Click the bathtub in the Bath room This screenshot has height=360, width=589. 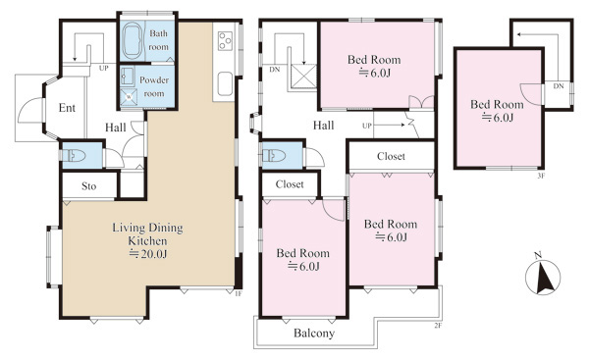133,41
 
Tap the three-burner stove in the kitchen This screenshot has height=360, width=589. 225,41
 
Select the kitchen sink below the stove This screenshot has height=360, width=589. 225,83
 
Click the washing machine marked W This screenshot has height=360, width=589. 129,96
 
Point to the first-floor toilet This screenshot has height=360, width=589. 75,155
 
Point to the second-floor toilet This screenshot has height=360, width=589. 275,155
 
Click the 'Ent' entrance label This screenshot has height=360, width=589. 67,108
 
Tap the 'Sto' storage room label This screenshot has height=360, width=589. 89,186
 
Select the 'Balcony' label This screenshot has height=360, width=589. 314,333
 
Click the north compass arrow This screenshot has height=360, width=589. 544,279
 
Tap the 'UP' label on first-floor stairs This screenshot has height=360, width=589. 104,69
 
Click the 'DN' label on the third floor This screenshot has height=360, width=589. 559,86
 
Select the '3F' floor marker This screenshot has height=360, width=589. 541,176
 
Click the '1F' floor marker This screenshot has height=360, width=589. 238,294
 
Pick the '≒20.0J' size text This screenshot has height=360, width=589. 148,254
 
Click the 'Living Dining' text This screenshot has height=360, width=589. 147,228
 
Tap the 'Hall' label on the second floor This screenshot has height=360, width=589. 323,126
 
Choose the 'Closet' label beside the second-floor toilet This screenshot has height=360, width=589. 290,184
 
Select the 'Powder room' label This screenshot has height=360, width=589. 154,86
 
